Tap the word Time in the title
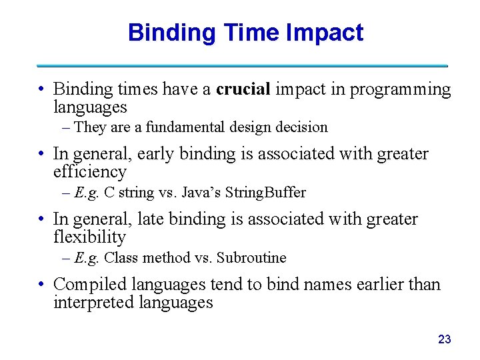coord(255,33)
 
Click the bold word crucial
coord(243,89)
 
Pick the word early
coord(155,155)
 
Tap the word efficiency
coord(89,172)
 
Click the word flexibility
coord(89,237)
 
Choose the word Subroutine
coord(252,257)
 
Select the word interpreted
coord(93,302)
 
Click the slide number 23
coord(444,339)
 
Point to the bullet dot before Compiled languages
coord(41,285)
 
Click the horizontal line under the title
coord(241,65)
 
